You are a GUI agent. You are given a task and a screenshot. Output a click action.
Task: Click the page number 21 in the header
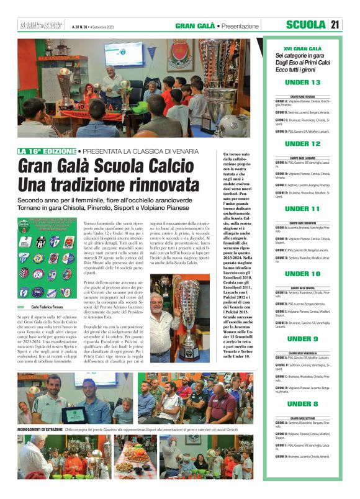[x=335, y=25]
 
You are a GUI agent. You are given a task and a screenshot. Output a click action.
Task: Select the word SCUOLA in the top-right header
[x=306, y=25]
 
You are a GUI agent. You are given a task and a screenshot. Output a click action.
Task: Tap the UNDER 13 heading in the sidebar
[x=302, y=83]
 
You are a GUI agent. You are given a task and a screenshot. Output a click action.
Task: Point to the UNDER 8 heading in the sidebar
[x=302, y=404]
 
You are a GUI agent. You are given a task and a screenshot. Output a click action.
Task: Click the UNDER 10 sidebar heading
[x=302, y=274]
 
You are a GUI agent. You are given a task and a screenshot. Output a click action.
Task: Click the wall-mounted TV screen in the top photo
[x=124, y=55]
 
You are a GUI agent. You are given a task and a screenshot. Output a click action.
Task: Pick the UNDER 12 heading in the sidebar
[x=302, y=144]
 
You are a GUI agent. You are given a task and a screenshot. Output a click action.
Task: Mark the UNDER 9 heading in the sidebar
[x=302, y=339]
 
